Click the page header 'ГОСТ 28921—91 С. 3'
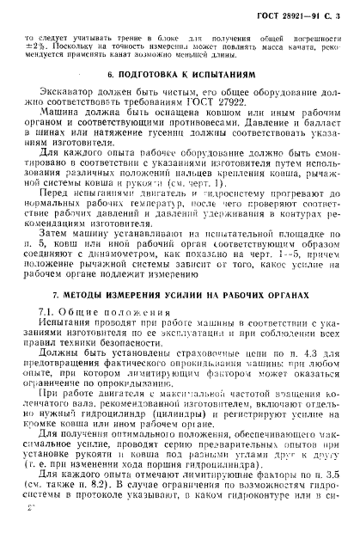[x=296, y=16]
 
